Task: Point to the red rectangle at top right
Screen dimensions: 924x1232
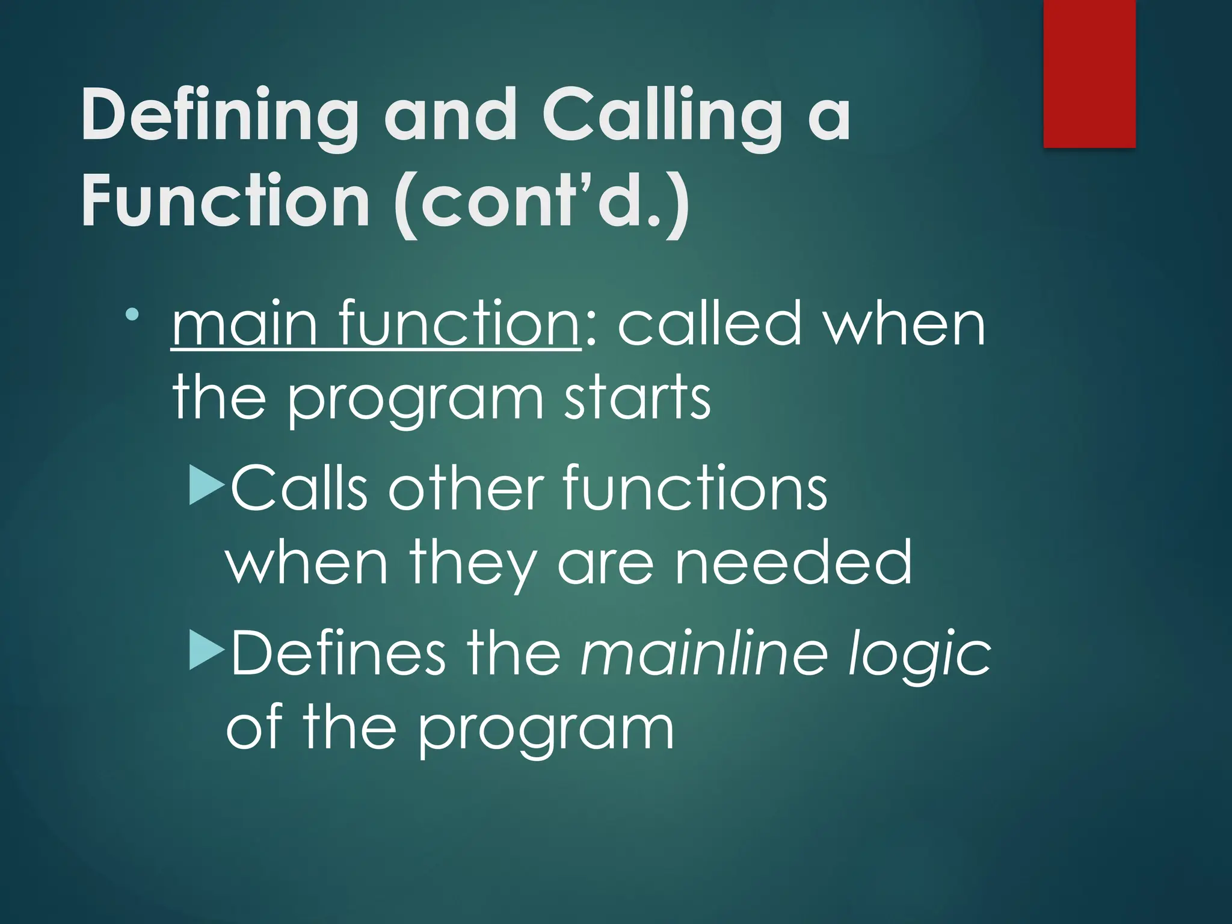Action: pos(1089,73)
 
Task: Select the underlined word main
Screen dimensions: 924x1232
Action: pos(244,325)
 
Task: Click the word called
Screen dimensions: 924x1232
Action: pos(710,325)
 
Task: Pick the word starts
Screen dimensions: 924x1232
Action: pos(638,397)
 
